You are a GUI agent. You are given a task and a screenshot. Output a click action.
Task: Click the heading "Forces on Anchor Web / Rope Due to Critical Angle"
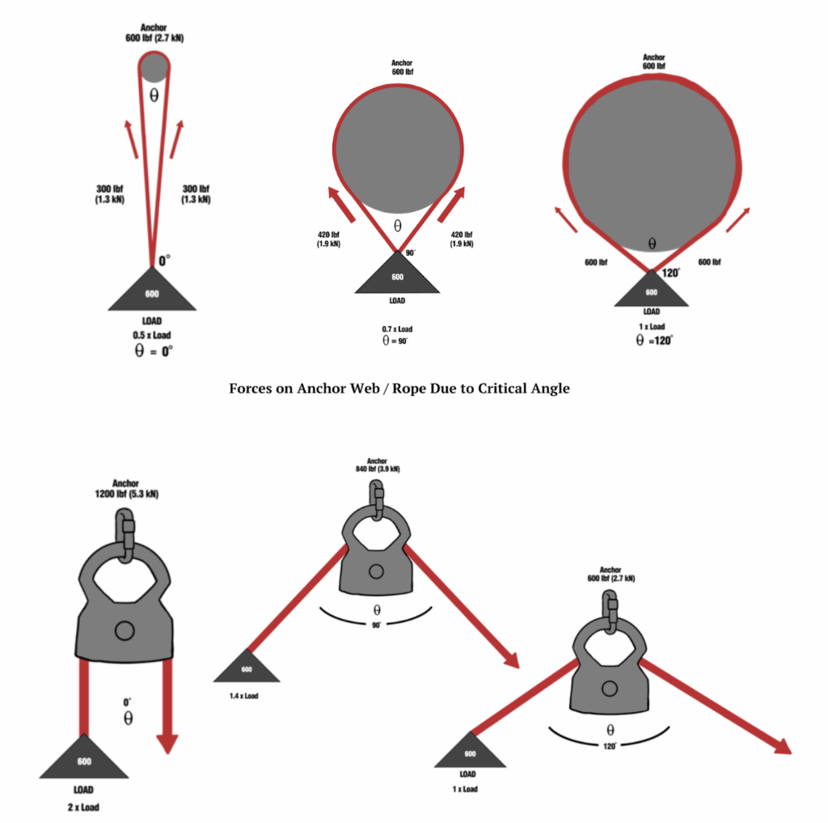click(399, 388)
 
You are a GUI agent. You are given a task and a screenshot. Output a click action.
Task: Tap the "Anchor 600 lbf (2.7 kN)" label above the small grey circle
click(154, 32)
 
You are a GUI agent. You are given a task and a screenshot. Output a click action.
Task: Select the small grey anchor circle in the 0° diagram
click(154, 67)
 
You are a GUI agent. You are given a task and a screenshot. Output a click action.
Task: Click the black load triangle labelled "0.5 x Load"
click(152, 290)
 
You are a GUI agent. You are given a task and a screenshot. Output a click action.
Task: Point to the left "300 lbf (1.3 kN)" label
click(110, 194)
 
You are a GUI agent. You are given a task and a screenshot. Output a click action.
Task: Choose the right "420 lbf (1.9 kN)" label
click(462, 239)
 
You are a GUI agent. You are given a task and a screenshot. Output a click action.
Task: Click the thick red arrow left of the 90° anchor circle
click(341, 203)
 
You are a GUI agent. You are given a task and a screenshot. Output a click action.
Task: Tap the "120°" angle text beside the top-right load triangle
click(670, 273)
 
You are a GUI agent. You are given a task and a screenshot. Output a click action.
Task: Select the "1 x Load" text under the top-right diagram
click(652, 327)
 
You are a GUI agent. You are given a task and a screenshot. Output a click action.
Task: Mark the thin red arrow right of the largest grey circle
click(738, 220)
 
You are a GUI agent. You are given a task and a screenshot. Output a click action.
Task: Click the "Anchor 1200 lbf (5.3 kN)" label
click(126, 489)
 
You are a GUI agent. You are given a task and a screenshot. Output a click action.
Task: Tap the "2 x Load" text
click(83, 807)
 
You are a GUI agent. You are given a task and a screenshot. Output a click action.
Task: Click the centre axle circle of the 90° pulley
click(376, 571)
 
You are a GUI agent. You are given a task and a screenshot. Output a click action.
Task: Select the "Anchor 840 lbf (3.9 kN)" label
click(378, 465)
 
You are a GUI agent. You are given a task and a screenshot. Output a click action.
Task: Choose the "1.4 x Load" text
click(244, 696)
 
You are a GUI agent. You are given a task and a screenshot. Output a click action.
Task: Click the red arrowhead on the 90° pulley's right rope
click(511, 660)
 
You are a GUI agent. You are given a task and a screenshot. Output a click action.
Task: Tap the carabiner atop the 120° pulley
click(610, 610)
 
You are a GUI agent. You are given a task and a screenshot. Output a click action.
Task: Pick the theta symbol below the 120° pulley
click(610, 730)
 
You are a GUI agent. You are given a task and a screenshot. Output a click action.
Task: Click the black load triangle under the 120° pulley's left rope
click(470, 750)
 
